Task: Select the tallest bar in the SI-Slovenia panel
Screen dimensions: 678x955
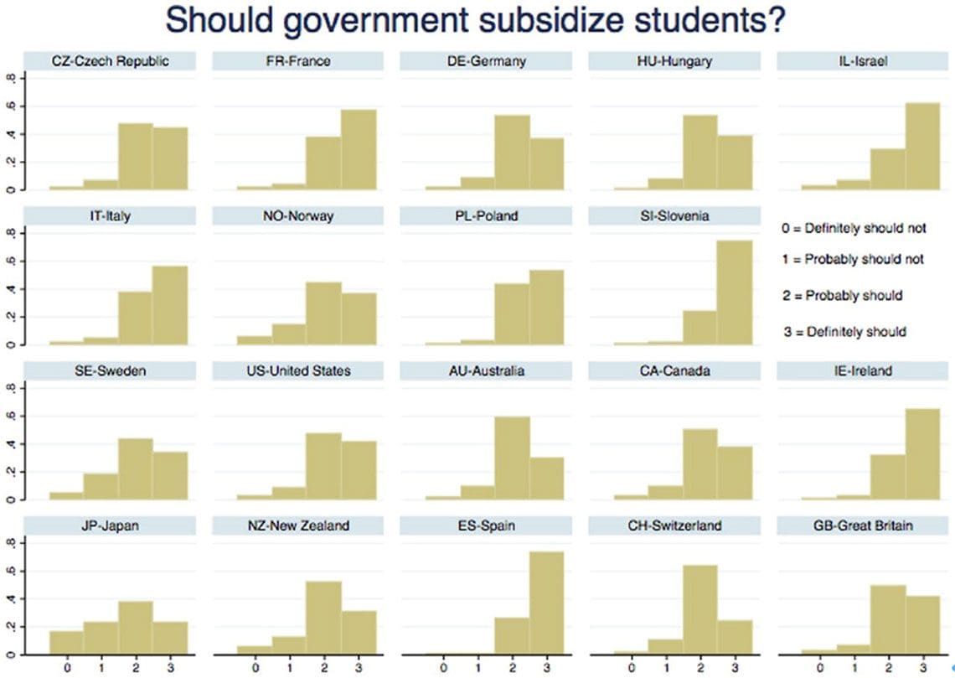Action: point(735,292)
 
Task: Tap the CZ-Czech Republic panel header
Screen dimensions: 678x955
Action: point(110,61)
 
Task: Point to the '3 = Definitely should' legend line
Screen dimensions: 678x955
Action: point(844,331)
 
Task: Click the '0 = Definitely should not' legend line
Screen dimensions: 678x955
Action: point(852,227)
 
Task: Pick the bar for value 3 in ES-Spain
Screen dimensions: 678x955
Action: point(546,603)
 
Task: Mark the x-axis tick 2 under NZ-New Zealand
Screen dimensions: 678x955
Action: point(325,668)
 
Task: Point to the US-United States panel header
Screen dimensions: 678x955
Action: point(298,370)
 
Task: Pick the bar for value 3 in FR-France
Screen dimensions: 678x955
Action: point(358,150)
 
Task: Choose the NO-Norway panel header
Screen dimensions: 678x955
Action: point(298,216)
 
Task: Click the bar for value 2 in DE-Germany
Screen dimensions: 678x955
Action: point(511,153)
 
